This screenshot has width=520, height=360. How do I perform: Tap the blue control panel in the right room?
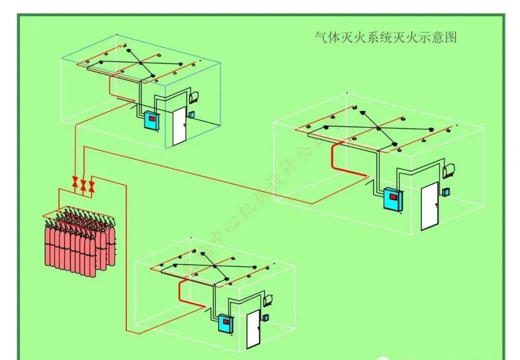pos(392,198)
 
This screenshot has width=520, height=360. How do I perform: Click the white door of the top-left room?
pos(179,126)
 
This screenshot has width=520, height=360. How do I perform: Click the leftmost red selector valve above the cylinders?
pos(75,182)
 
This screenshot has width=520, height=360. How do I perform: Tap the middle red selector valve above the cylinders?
pos(83,185)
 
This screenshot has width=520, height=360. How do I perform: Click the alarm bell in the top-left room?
pos(195,96)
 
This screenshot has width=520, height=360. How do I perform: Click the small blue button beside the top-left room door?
pos(192,115)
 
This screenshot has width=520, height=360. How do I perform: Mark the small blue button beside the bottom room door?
pos(266,318)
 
